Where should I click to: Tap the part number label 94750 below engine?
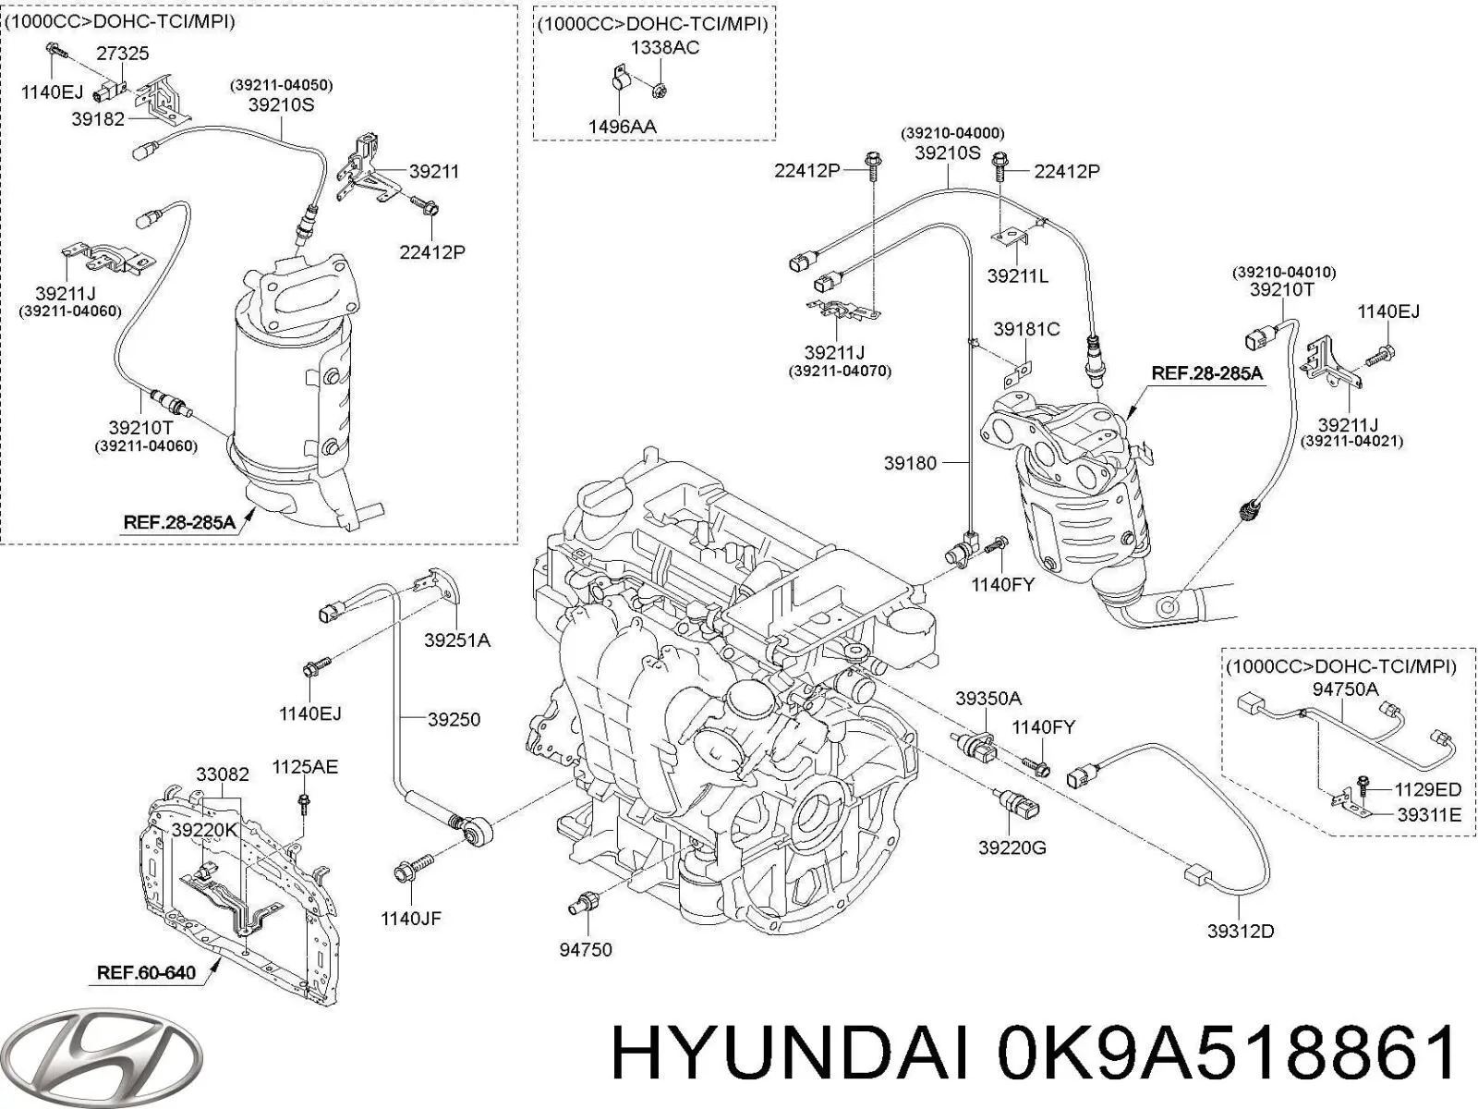click(x=585, y=949)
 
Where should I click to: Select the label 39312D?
click(x=1240, y=931)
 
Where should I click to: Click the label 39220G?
click(x=1012, y=847)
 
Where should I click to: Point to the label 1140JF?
click(x=411, y=918)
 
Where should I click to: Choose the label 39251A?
click(x=457, y=640)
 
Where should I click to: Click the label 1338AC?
click(x=665, y=48)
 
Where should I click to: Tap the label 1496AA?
click(x=622, y=126)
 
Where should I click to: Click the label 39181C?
click(x=1026, y=329)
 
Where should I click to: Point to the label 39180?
click(x=910, y=464)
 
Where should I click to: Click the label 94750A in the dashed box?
click(x=1345, y=689)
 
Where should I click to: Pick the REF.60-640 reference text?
click(x=147, y=974)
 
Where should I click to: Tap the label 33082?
click(x=223, y=774)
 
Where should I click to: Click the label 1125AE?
click(x=304, y=766)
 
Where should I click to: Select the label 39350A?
click(x=987, y=700)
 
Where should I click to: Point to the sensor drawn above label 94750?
click(x=585, y=903)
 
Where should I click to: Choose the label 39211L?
click(x=1017, y=275)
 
